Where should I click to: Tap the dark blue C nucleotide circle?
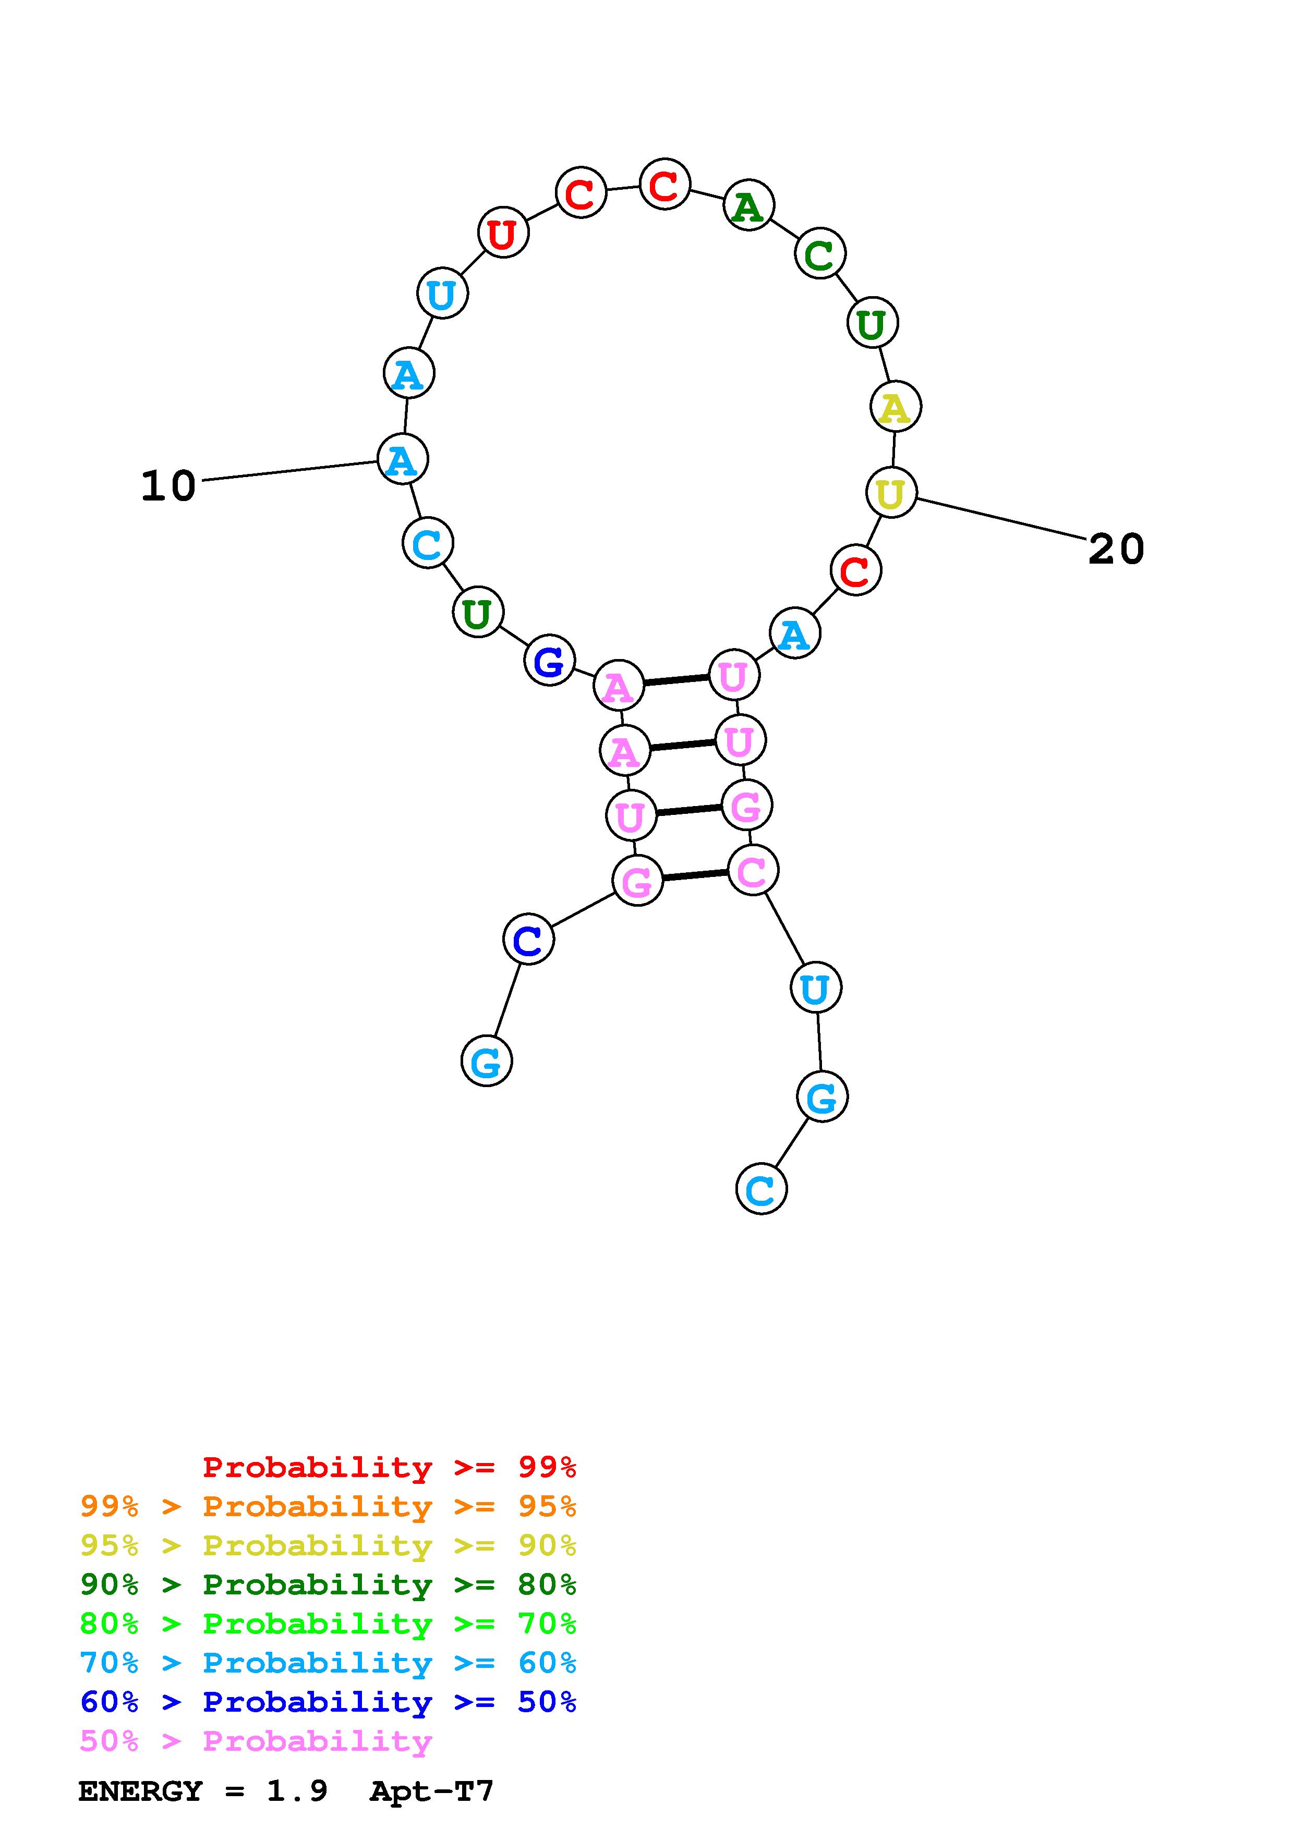coord(528,939)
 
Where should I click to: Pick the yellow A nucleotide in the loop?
coord(896,407)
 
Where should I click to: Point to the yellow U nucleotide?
coord(891,493)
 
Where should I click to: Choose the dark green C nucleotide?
coord(820,254)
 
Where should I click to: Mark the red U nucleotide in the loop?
coord(503,234)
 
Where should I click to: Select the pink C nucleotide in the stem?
coord(753,871)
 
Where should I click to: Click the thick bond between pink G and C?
coord(695,875)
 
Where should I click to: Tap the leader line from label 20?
coord(1001,519)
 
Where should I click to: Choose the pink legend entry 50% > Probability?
coord(256,1740)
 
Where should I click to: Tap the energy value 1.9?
coord(296,1791)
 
